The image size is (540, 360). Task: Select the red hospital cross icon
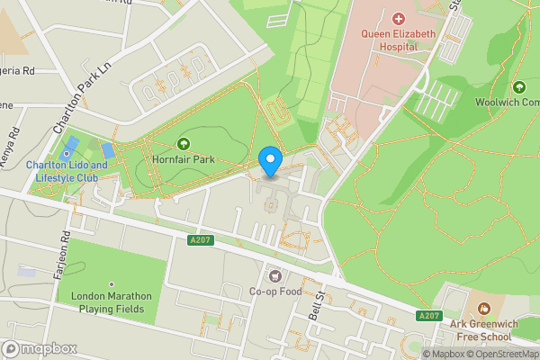[x=399, y=18]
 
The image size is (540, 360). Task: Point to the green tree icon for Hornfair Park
[x=184, y=144]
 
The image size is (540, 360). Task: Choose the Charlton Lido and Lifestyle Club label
[x=66, y=172]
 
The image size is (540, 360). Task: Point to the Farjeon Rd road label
[x=63, y=256]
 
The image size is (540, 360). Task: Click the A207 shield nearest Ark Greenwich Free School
[x=429, y=316]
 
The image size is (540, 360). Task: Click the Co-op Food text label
[x=274, y=292]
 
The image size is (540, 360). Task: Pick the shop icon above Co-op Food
[x=274, y=274]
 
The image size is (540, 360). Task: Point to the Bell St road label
[x=315, y=305]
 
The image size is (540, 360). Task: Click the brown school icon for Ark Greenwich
[x=482, y=308]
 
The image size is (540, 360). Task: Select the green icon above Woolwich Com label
[x=518, y=87]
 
